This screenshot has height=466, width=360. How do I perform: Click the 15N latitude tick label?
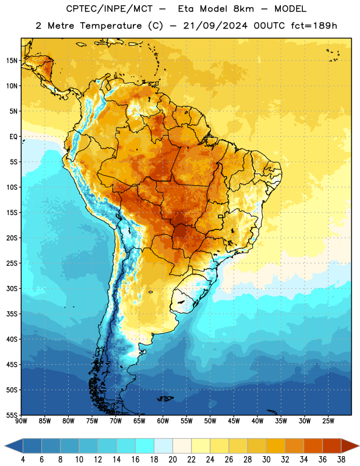point(12,61)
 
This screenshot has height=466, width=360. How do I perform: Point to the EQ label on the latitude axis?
point(13,137)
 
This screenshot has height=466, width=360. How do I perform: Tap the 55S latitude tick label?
point(12,415)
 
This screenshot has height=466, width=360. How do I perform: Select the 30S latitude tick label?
point(12,288)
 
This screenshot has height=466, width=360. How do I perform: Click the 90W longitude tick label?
point(21,421)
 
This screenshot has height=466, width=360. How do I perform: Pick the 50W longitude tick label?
point(210,421)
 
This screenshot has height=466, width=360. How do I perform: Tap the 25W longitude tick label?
point(328,421)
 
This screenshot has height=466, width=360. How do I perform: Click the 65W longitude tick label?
point(139,421)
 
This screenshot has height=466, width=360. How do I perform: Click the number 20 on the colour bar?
point(172,460)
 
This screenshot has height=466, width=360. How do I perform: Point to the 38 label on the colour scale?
point(341,460)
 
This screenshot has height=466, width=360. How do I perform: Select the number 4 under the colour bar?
point(23,460)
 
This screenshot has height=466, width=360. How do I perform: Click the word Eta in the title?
point(186,9)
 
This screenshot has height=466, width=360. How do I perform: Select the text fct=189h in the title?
point(314,26)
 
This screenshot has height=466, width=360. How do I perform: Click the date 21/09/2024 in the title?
point(215,26)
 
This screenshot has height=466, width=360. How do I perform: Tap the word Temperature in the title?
point(111,26)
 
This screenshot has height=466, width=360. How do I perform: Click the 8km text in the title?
point(243,9)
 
